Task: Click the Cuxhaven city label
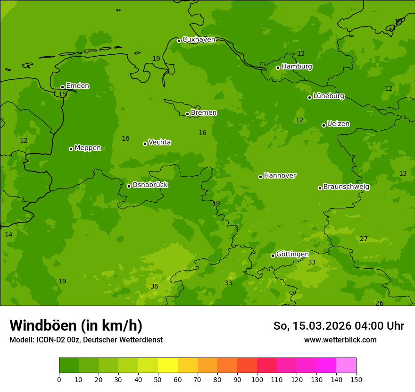click(x=199, y=40)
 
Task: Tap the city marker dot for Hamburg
click(x=278, y=68)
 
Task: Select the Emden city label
click(x=77, y=86)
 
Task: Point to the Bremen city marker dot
click(x=187, y=114)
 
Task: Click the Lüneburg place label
click(x=328, y=96)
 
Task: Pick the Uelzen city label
click(x=338, y=124)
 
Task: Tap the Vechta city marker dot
click(x=145, y=144)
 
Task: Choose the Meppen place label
click(x=88, y=148)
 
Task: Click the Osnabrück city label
click(x=150, y=185)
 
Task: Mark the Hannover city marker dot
click(x=260, y=177)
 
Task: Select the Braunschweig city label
click(x=346, y=187)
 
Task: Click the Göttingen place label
click(x=292, y=255)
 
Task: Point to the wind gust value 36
click(x=154, y=287)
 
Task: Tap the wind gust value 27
click(x=364, y=239)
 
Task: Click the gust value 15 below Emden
click(x=62, y=94)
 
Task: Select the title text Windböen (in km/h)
click(x=76, y=325)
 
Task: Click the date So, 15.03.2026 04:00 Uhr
click(x=339, y=326)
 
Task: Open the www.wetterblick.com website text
click(x=340, y=340)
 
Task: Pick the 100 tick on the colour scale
click(x=257, y=379)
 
